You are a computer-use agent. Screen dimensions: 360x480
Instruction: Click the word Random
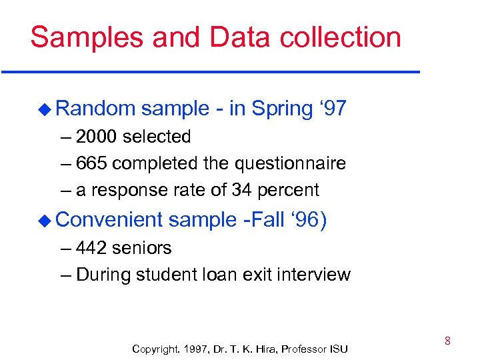[x=96, y=109]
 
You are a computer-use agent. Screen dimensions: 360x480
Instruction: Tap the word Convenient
[x=110, y=219]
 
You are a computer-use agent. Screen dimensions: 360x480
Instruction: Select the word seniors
[x=141, y=248]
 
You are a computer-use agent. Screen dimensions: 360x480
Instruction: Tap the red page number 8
[x=447, y=341]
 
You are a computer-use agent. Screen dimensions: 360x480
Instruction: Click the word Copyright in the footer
[x=155, y=349]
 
